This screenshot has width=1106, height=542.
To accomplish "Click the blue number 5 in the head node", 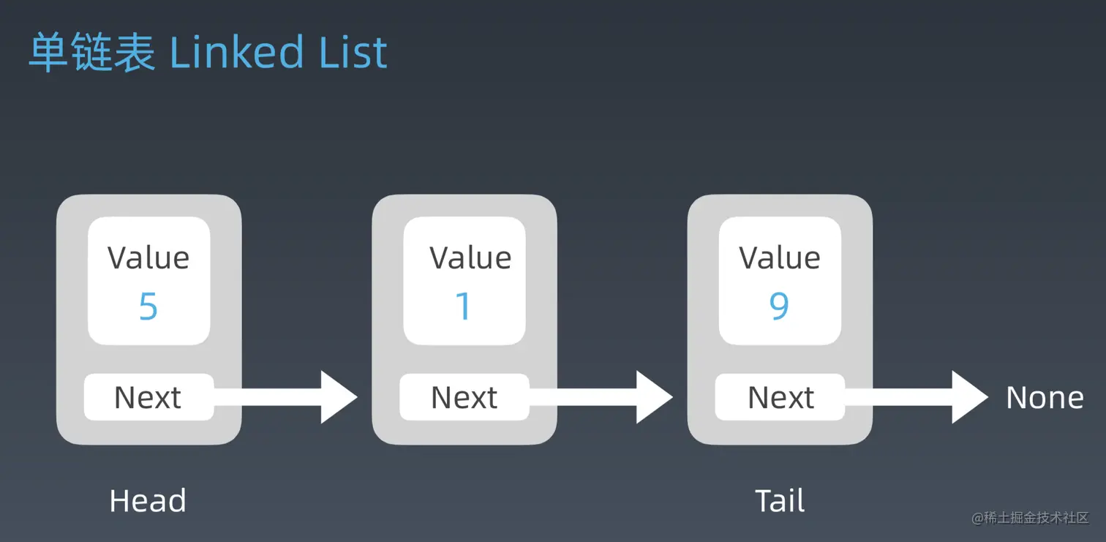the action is pos(148,306).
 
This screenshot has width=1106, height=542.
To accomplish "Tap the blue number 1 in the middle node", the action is pos(463,306).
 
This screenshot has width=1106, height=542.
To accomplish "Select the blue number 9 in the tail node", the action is pos(779,306).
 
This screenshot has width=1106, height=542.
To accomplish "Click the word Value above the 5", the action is pos(148,257).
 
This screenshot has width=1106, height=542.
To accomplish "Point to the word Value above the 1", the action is pos(470,257).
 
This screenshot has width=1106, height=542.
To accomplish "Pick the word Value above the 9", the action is pos(780,257).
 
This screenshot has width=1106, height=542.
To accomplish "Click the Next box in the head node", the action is pos(148,397).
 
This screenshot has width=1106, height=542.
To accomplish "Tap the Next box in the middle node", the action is pos(464,397).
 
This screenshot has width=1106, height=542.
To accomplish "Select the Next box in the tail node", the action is pos(780,397).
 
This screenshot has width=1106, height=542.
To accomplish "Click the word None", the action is pos(1045,397).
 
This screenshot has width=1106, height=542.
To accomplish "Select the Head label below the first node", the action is pos(148,500).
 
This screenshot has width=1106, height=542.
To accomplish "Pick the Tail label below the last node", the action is pos(780,500).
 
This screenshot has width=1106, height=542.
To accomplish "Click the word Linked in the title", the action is pos(236,53).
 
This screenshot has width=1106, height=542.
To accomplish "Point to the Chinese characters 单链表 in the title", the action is pos(92,52).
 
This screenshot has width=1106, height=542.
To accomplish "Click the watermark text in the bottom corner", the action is pos(1030,517).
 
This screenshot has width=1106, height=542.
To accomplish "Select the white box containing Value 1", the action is pos(464,280).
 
